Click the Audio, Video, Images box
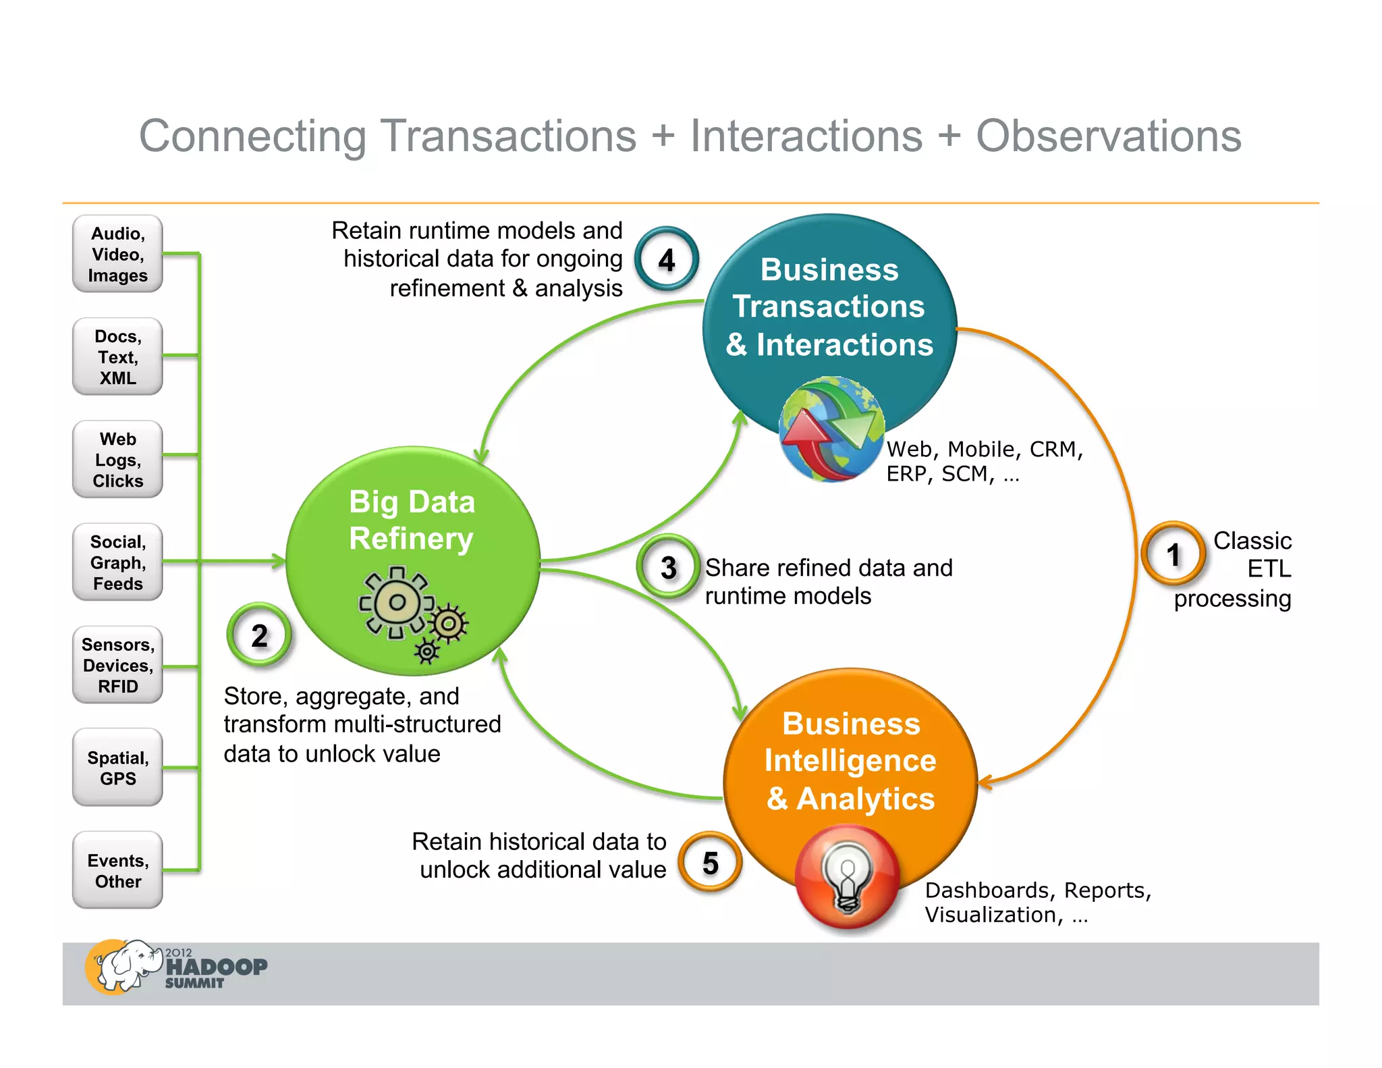coord(117,254)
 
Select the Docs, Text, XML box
coord(117,356)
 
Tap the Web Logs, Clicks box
coord(117,460)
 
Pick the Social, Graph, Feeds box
coord(117,562)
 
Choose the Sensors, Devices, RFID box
coord(117,665)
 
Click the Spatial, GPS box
coord(117,768)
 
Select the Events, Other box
coord(117,870)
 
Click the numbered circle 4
coord(667,259)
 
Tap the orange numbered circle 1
coord(1173,554)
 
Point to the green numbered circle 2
coord(259,635)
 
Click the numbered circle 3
coord(668,567)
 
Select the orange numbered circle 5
coord(710,863)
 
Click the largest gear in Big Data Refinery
coord(397,602)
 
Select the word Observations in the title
coord(1108,136)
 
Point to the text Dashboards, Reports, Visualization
coord(1037,902)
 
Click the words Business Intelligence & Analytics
coord(850,761)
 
